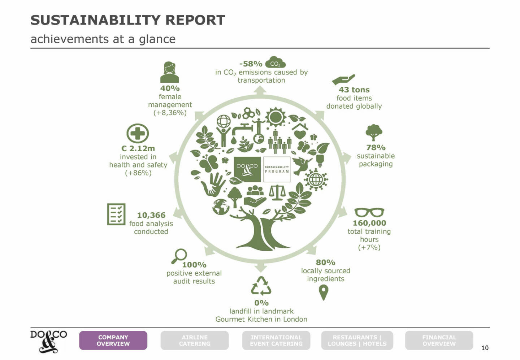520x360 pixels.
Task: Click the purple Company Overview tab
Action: pos(113,341)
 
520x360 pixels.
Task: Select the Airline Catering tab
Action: pos(195,341)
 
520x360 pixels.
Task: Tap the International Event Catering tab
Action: pos(276,341)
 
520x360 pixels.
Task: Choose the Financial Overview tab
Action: pos(439,341)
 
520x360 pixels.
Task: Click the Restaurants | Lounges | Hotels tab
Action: pos(357,341)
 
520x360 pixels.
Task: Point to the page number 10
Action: pos(485,348)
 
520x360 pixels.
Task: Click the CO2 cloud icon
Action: pos(275,62)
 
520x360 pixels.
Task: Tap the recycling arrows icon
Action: pos(261,286)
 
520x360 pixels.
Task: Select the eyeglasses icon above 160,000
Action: pos(369,212)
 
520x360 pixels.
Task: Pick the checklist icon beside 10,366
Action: pos(116,214)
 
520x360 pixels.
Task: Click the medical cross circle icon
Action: pos(138,134)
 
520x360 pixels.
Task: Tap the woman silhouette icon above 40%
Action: pos(169,72)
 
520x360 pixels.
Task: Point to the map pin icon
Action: pos(324,292)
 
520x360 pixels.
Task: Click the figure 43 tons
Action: pos(354,90)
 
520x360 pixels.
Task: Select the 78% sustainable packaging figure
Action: pos(376,147)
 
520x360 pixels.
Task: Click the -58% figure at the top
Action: pos(251,64)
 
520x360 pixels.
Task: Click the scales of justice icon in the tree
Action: pos(277,192)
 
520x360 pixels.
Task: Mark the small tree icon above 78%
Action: pos(374,133)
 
